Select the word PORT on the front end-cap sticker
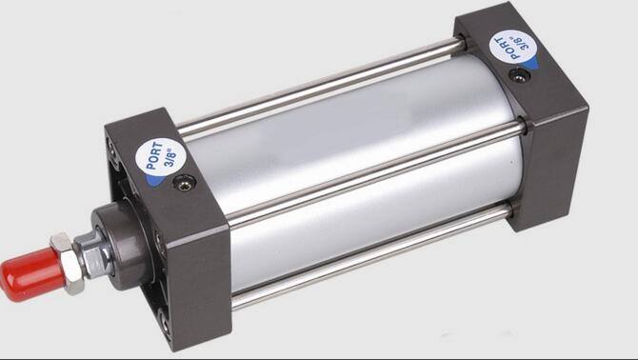click(154, 155)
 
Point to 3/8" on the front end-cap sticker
click(170, 158)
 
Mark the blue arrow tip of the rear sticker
click(532, 65)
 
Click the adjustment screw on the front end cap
click(185, 183)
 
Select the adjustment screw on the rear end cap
click(519, 75)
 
